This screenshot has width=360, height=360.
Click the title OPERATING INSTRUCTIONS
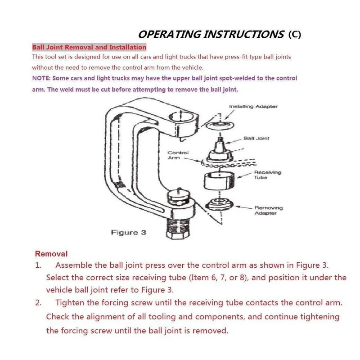[211, 35]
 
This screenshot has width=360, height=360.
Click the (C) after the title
[295, 35]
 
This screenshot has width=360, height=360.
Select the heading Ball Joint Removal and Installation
[89, 47]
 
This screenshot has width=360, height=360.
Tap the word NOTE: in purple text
[41, 78]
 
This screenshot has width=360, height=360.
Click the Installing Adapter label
[253, 107]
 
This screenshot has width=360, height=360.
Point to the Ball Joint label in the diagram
[256, 138]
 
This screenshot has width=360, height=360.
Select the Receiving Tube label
[267, 175]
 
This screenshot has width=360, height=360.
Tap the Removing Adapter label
[269, 210]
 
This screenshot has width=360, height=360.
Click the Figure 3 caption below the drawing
[129, 233]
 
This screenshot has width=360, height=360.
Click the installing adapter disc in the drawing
[220, 125]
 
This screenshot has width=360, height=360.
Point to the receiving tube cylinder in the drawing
[220, 181]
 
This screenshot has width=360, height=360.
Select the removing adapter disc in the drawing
[219, 204]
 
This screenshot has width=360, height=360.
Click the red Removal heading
[51, 254]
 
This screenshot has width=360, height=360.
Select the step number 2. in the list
[38, 302]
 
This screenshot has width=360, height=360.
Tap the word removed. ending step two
[210, 331]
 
